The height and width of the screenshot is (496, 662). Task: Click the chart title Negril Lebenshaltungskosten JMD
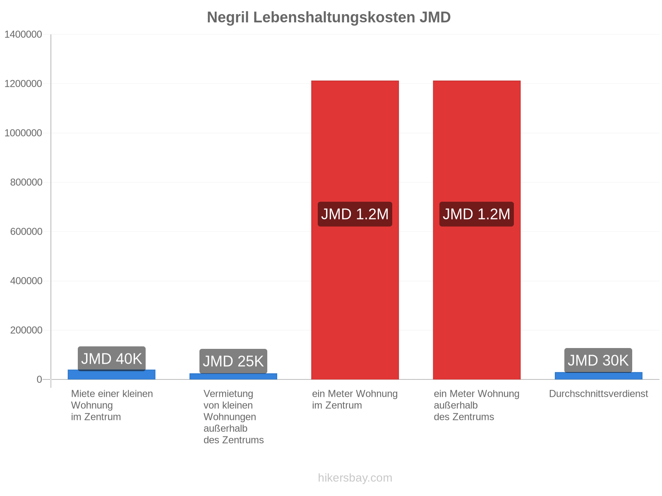point(329,17)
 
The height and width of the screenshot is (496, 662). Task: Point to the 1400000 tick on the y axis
point(23,34)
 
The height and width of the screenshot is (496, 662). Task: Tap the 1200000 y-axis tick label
point(23,84)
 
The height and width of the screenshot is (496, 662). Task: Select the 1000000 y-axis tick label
point(23,133)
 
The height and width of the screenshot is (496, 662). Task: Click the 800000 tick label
point(26,182)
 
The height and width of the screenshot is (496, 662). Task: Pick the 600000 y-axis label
point(26,231)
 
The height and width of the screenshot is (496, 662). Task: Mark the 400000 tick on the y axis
point(26,281)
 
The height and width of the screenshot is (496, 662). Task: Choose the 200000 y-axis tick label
point(26,330)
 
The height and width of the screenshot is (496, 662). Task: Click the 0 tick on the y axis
point(39,379)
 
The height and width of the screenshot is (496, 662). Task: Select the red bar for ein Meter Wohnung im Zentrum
point(355,230)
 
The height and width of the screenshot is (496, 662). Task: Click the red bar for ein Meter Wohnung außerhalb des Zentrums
point(477,230)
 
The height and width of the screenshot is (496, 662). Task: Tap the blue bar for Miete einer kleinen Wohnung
point(112,375)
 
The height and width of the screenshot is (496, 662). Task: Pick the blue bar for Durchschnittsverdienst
point(598,376)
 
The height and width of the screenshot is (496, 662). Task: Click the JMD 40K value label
point(112,359)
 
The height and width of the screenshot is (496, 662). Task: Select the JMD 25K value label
point(233,361)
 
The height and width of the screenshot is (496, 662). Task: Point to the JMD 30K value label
point(598,360)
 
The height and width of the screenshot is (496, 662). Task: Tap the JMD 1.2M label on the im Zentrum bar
point(355,214)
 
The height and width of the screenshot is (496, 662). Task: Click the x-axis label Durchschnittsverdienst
point(598,394)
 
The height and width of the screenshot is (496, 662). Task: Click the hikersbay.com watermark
point(355,478)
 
